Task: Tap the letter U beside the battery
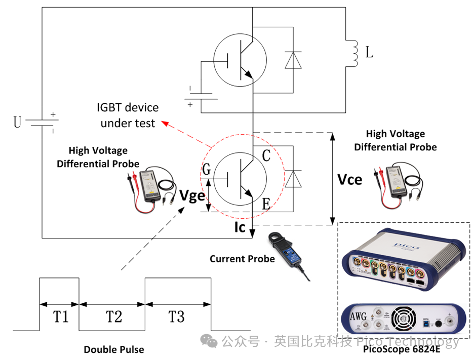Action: point(18,122)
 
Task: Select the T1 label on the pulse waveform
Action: point(61,317)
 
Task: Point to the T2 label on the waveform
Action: point(113,317)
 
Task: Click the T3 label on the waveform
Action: point(176,317)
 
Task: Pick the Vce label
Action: point(350,179)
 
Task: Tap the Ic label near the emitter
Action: point(240,227)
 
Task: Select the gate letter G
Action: point(207,170)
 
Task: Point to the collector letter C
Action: point(266,156)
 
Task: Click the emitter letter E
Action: point(266,204)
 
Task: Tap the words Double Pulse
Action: point(114,349)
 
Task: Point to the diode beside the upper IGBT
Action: point(293,60)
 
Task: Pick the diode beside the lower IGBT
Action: point(293,179)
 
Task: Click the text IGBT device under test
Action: point(128,115)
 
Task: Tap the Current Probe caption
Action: point(242,259)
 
